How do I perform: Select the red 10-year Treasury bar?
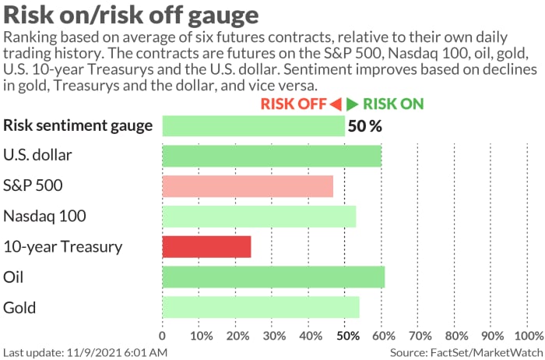coord(206,247)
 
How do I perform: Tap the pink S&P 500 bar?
coord(248,186)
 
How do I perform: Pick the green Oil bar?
coord(272,277)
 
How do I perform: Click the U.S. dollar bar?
coord(271,156)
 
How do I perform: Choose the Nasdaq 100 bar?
coord(258,217)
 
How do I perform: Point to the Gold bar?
coord(260,308)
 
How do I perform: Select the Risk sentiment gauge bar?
coord(253,125)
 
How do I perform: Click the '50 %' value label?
coord(365,125)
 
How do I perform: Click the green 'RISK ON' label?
coord(393,104)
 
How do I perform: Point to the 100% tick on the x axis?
coord(529,337)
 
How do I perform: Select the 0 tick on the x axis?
coord(162,337)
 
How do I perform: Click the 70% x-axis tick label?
coord(420,337)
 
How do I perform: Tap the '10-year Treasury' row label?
coord(63,247)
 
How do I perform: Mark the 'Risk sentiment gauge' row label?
coord(78,125)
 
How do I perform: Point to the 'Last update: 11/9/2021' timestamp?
coord(85,353)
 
